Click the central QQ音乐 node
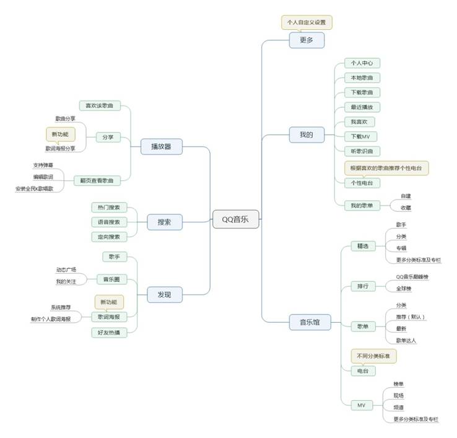(236, 219)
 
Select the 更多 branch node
(307, 40)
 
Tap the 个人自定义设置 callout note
(307, 22)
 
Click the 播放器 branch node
(161, 146)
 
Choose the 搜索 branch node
(164, 221)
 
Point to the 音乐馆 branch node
(310, 322)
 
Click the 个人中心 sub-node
(362, 63)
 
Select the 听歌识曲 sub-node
(362, 151)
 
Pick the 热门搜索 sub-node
(109, 207)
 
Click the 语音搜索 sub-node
(109, 222)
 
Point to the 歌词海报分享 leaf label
(60, 149)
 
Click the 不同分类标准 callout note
(374, 356)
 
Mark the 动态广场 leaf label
(66, 270)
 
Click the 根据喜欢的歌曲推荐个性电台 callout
(386, 168)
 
